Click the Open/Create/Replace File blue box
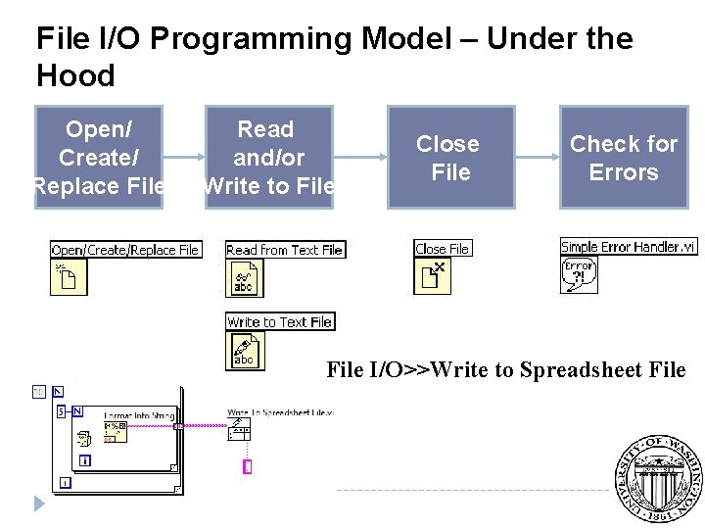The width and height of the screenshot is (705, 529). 99,157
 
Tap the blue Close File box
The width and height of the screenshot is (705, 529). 449,157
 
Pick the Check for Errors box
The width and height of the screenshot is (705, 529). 623,157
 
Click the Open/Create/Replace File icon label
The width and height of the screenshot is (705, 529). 125,250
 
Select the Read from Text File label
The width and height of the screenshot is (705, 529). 284,250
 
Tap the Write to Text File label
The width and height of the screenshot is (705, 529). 279,321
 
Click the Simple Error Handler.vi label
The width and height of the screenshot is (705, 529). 629,246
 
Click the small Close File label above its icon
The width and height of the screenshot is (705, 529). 443,249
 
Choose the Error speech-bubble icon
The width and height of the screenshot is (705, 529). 579,274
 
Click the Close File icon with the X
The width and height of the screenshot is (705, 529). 432,276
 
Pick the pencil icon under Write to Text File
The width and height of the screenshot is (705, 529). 245,351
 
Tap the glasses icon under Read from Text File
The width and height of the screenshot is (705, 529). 244,278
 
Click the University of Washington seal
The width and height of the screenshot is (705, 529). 657,477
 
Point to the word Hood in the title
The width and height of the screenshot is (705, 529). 75,75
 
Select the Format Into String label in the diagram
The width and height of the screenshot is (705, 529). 138,416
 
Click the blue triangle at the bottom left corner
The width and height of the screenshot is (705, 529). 39,504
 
